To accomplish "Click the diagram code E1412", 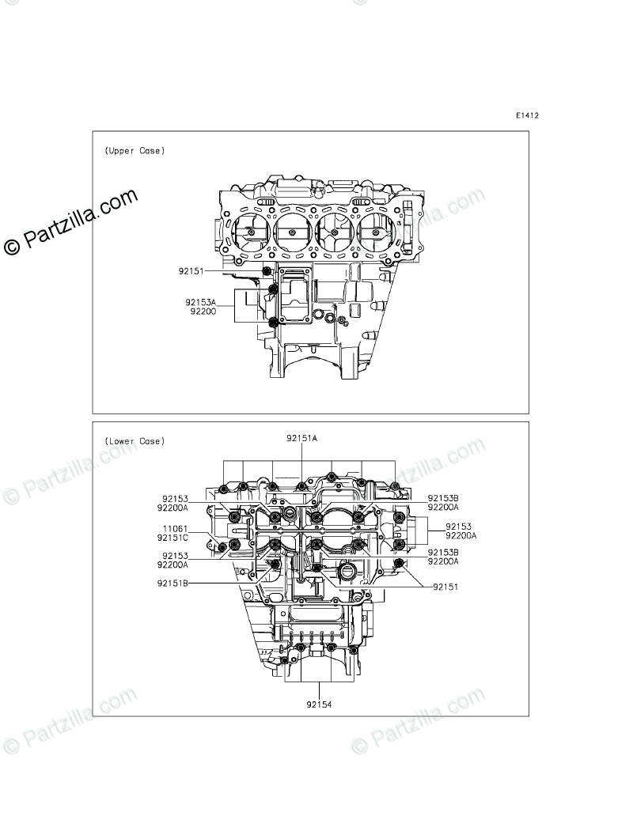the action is point(528,115).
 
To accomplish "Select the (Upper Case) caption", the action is point(135,151).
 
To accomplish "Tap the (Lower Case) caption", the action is point(135,441).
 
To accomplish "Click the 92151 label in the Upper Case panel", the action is point(191,271).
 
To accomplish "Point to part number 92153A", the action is point(201,302).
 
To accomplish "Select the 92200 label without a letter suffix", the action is point(203,312).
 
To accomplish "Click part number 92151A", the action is point(302,438).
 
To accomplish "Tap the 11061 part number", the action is point(175,529).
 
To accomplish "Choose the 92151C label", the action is point(172,538).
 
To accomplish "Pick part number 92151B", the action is point(172,583).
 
